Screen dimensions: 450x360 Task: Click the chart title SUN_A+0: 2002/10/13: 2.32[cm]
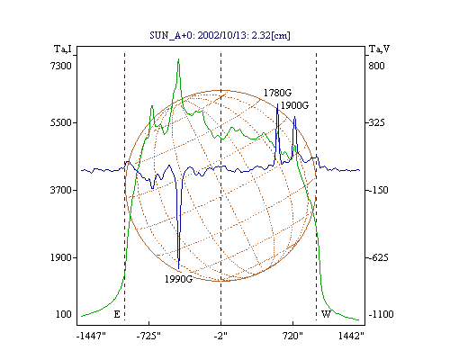click(220, 35)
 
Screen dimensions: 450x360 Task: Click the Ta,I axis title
click(63, 49)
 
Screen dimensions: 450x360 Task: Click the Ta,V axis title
click(379, 49)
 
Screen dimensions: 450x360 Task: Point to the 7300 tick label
click(61, 66)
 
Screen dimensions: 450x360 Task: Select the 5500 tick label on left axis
click(61, 122)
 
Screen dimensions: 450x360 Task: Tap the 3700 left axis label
click(61, 190)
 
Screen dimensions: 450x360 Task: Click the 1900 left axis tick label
click(61, 257)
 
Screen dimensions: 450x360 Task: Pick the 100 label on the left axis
click(64, 314)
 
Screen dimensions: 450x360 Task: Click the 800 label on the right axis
click(376, 66)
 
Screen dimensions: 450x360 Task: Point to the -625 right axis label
click(378, 257)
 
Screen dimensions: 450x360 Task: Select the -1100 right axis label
click(381, 314)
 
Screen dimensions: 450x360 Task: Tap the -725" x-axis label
click(148, 337)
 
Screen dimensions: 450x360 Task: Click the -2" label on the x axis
click(220, 337)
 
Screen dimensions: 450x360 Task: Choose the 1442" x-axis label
click(351, 337)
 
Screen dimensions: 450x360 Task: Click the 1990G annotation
click(178, 279)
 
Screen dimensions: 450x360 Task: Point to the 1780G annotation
click(277, 93)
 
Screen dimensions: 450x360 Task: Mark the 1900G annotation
click(294, 105)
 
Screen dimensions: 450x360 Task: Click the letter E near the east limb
click(117, 314)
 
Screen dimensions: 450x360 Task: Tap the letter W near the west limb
click(327, 314)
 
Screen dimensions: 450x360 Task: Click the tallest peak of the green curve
click(178, 59)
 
